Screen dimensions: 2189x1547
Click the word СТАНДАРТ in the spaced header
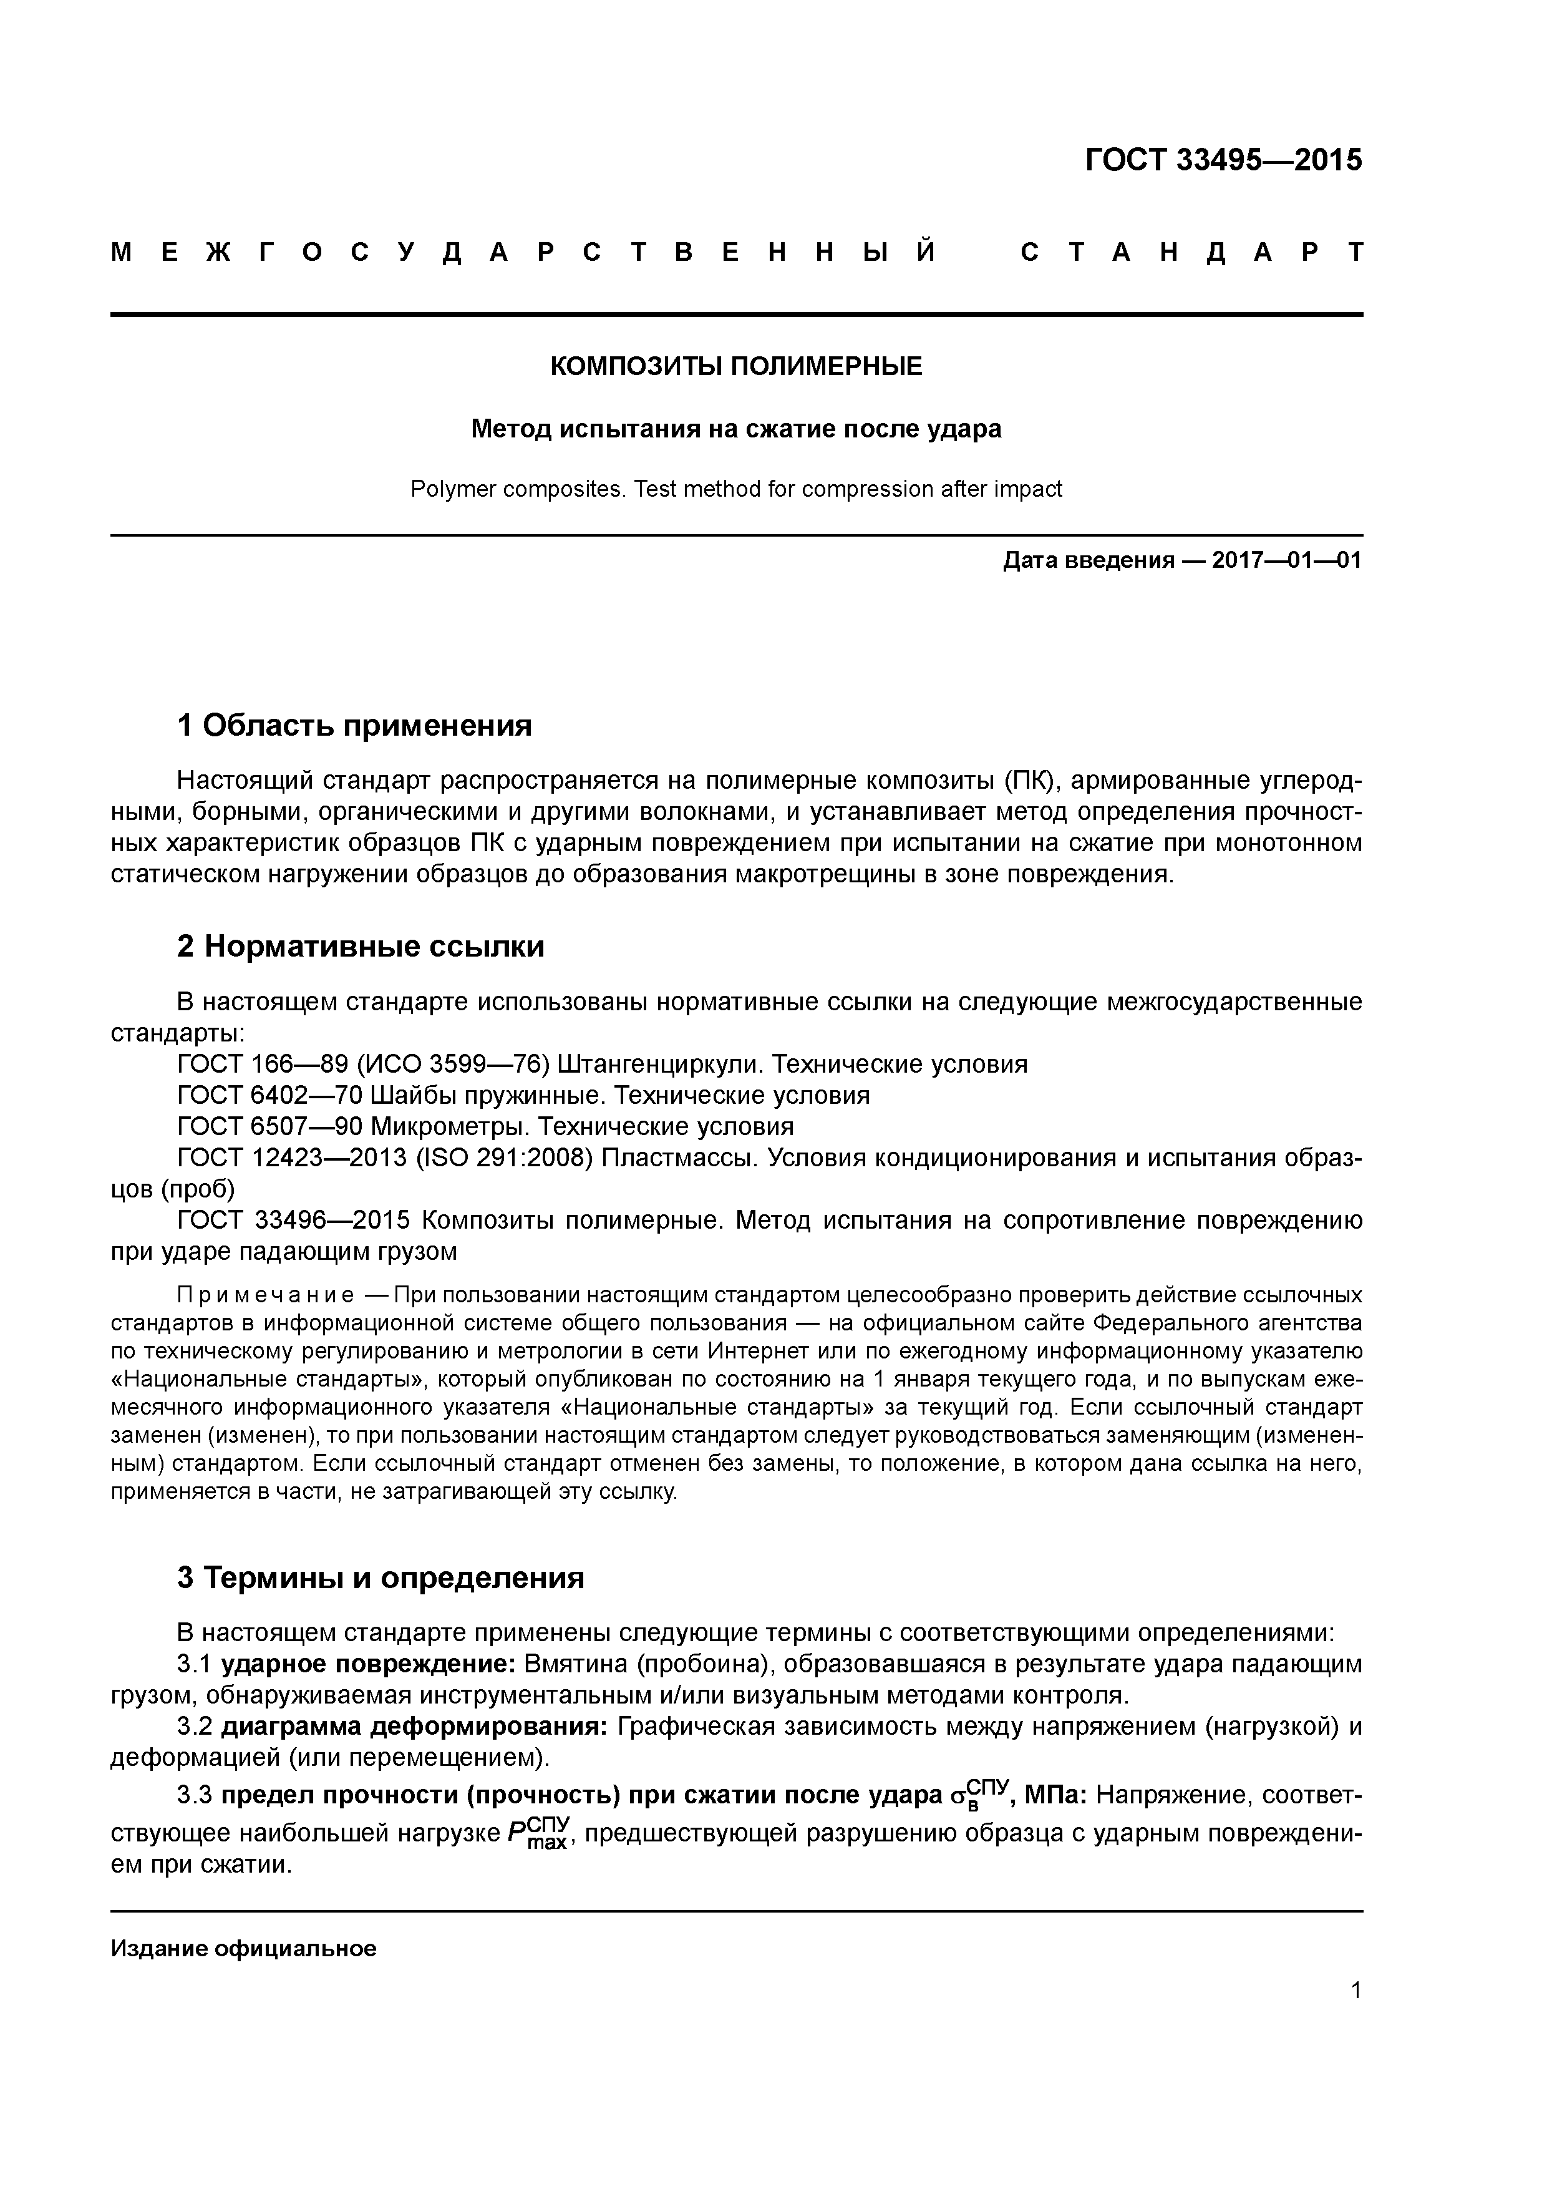[x=1191, y=253]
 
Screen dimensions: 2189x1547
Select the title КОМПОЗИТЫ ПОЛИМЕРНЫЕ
[x=736, y=366]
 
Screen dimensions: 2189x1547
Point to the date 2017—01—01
[x=1287, y=560]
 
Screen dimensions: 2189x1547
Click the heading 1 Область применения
[x=354, y=726]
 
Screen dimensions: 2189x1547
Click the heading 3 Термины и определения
[x=381, y=1578]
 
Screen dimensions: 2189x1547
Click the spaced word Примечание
[x=266, y=1295]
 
